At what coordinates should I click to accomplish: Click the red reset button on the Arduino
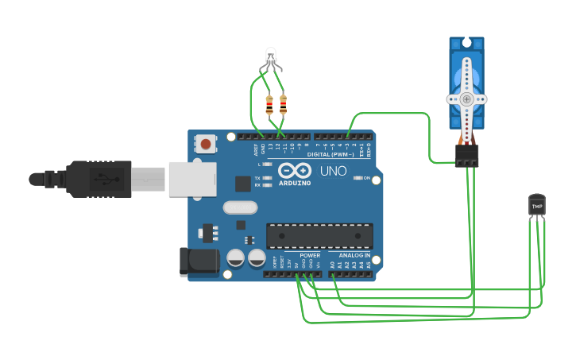point(207,145)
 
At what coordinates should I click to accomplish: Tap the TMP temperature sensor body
point(537,205)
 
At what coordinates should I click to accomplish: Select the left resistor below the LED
point(269,104)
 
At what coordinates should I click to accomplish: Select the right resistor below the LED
point(283,104)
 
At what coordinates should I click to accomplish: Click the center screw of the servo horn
point(466,99)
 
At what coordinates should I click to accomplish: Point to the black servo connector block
point(466,155)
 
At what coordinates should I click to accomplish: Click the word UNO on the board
point(334,171)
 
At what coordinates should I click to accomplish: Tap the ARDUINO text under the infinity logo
point(295,184)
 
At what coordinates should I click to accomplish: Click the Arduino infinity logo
point(295,171)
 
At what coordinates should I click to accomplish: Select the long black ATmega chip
point(319,236)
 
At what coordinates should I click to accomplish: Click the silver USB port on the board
point(189,178)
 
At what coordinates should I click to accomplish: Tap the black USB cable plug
point(99,179)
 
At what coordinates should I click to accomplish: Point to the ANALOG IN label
point(354,255)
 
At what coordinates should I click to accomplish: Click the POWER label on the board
point(310,255)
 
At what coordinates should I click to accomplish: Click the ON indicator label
point(366,178)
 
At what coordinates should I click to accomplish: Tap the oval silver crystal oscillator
point(241,207)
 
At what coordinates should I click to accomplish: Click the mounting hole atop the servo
point(466,43)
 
